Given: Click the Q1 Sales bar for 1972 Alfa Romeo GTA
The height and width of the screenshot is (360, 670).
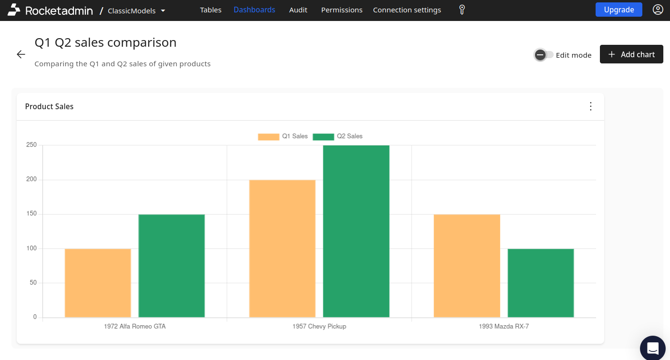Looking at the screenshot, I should [98, 283].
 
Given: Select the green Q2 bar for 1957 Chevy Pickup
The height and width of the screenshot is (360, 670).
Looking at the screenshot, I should [356, 231].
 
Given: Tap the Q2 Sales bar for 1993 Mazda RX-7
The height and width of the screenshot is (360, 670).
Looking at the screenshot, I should [541, 283].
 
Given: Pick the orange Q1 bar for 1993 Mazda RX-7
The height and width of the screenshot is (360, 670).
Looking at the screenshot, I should [467, 266].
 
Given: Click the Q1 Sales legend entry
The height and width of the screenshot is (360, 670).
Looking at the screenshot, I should [283, 136].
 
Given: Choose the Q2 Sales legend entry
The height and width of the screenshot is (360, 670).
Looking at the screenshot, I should [338, 136].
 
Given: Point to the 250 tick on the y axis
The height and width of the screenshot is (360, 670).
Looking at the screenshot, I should [31, 145].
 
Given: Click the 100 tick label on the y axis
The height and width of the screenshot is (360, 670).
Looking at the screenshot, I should [31, 248].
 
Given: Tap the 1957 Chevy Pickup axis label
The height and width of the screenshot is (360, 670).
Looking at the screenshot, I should [319, 327].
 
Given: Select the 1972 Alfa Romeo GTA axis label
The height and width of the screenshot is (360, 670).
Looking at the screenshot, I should [134, 327].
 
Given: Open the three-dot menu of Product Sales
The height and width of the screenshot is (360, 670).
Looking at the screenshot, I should [590, 106].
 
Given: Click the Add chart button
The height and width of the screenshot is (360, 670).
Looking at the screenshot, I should [631, 54].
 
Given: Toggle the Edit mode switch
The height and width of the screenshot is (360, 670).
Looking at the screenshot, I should [544, 55].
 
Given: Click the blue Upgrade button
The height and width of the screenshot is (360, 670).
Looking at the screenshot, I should [618, 10].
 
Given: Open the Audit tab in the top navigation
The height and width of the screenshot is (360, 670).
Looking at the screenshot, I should [298, 10].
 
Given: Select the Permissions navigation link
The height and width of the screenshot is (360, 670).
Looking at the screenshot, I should [341, 10].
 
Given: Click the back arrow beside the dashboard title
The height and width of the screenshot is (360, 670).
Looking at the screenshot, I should [21, 54].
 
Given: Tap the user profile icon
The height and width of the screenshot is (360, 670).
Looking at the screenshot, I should [658, 10].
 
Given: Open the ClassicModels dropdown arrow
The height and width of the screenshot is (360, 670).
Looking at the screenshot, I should [163, 10].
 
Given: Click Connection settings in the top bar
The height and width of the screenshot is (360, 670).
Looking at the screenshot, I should [407, 10].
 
